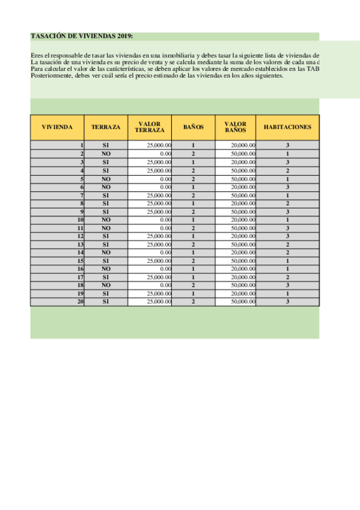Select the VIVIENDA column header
coord(58,127)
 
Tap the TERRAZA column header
coord(106,127)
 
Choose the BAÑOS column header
coord(194,127)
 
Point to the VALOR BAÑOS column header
coord(236,127)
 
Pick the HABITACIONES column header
coord(287,127)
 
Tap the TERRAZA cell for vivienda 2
coord(106,154)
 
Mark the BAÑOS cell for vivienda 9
coord(194,212)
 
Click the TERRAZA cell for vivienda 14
coord(106,253)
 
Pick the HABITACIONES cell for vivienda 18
coord(288,285)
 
